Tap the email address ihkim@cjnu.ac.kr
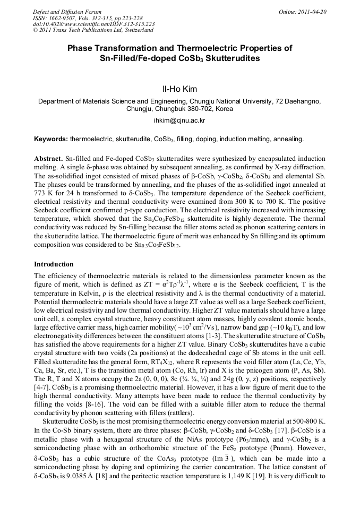179,120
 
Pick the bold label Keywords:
51,139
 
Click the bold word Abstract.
48,159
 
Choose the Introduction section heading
54,264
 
